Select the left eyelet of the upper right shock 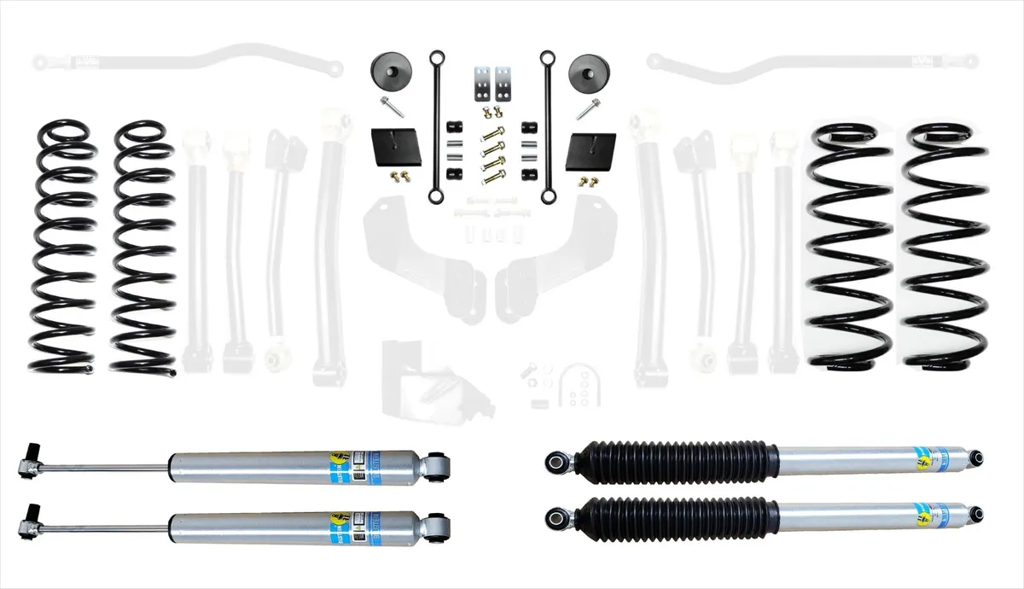(x=559, y=461)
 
